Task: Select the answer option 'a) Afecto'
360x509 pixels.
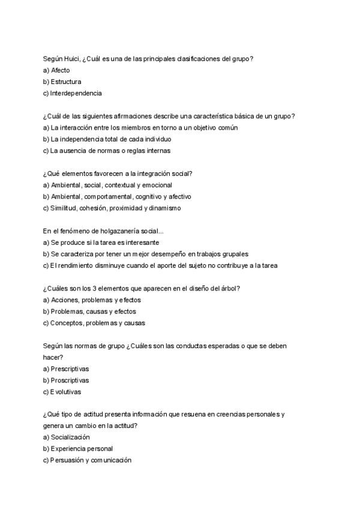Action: [x=56, y=70]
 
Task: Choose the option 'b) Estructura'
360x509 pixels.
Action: [x=62, y=81]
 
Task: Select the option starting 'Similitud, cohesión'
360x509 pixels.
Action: [x=112, y=208]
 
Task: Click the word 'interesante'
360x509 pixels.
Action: [x=142, y=242]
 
